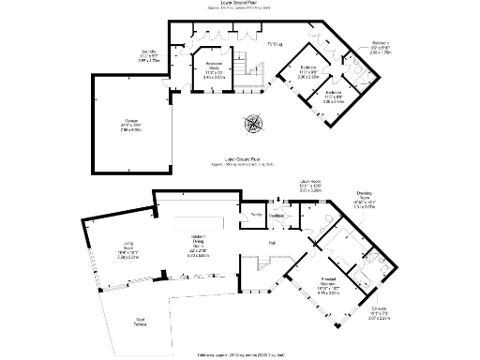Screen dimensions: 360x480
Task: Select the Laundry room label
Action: (x=148, y=54)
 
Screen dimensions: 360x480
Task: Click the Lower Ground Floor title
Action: (x=239, y=4)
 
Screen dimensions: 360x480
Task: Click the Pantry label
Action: (x=255, y=214)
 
